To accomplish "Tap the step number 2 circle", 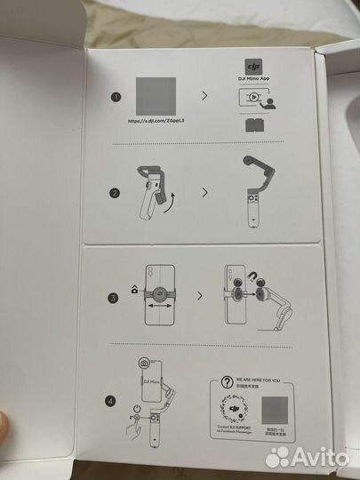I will (x=115, y=190).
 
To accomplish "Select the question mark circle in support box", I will (x=226, y=378).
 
